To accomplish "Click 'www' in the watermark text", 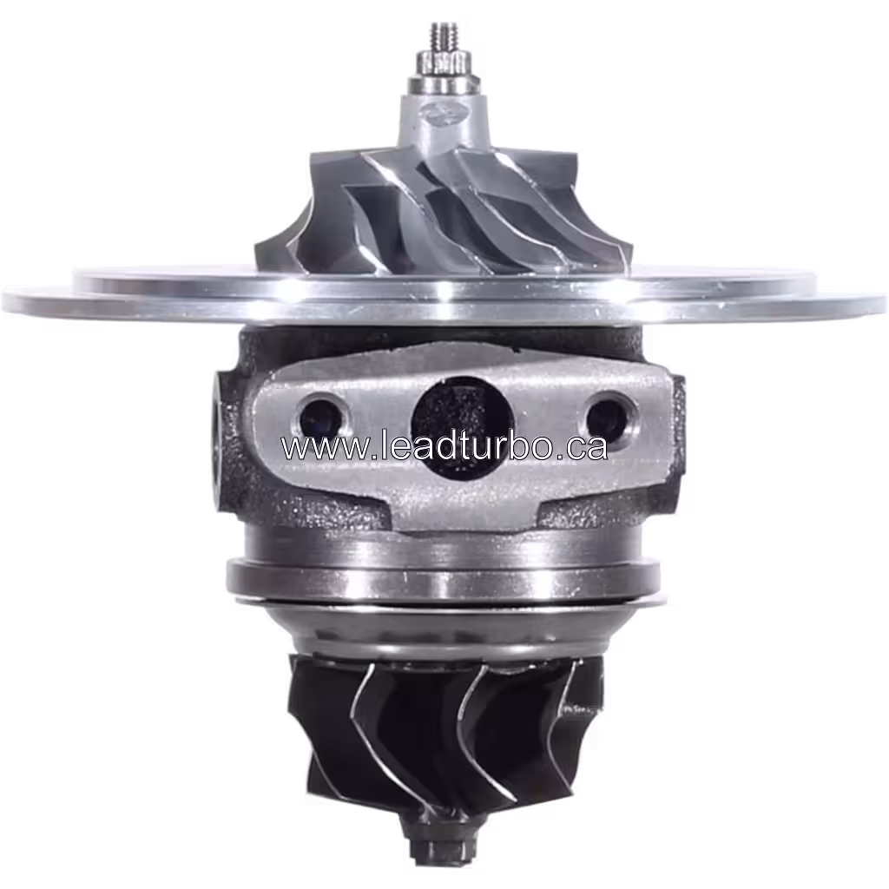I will point(313,448).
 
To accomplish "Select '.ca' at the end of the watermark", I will point(582,448).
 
